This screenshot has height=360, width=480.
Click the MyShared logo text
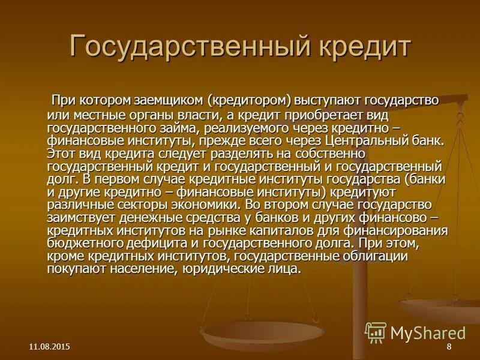pos(428,333)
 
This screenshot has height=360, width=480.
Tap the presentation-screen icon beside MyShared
pos(376,332)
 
